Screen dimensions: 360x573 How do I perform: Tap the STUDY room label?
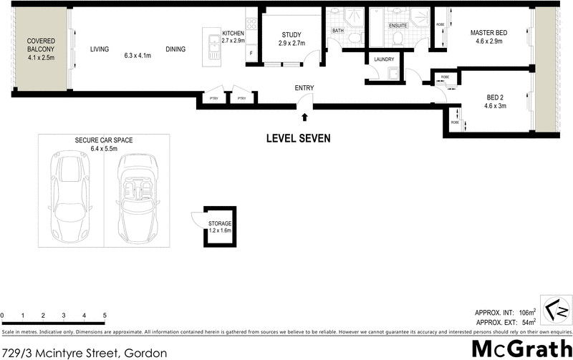pyautogui.click(x=292, y=35)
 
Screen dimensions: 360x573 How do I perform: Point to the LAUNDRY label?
pyautogui.click(x=385, y=59)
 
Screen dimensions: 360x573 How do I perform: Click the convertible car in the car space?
pyautogui.click(x=137, y=198)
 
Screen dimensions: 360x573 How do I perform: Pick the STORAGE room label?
pyautogui.click(x=220, y=224)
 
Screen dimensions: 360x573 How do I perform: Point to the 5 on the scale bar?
pyautogui.click(x=105, y=316)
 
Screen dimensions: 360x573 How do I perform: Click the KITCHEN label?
pyautogui.click(x=234, y=34)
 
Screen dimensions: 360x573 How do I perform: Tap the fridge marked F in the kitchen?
pyautogui.click(x=251, y=54)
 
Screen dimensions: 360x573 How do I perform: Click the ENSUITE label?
pyautogui.click(x=398, y=26)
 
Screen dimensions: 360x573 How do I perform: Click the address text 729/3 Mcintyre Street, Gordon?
pyautogui.click(x=85, y=352)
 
